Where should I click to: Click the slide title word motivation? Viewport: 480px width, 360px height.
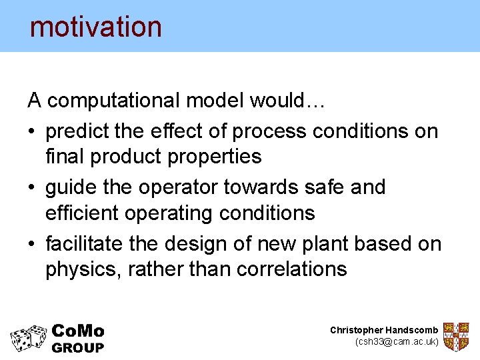[96, 27]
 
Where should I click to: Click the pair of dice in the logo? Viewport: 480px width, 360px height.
[29, 338]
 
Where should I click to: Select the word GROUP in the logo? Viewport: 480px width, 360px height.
[78, 347]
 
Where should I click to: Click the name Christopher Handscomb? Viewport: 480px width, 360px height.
[384, 330]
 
